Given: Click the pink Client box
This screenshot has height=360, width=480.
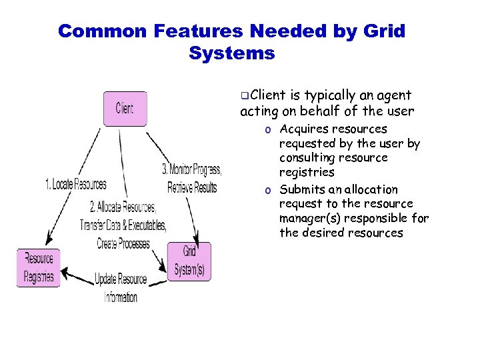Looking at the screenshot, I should coord(125,109).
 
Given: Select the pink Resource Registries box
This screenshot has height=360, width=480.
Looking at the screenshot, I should coord(39,267).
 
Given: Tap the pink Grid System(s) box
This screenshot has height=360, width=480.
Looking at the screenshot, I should coord(189,261).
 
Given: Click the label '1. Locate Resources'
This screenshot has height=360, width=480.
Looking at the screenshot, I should coord(75,184).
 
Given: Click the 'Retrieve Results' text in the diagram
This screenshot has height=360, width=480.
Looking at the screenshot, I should coord(192,187).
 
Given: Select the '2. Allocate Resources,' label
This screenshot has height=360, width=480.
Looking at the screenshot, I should coord(123,207).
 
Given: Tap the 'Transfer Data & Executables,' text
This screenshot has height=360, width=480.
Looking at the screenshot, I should coord(123,225).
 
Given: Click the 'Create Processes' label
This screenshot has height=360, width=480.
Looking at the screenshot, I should coord(123,244).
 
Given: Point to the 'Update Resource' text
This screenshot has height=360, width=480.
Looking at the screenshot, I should coord(121,279).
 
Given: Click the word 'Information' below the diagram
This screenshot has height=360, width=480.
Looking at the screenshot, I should coord(121,297).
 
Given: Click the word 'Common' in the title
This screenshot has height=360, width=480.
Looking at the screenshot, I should coord(101,31).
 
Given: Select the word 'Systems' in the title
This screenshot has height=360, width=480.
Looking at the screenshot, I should coord(231,53).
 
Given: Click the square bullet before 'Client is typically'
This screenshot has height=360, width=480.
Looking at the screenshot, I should coord(245,97).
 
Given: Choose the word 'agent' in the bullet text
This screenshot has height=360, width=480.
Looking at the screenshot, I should coord(396,96).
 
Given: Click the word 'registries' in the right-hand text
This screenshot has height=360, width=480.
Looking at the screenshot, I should coord(307,173).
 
